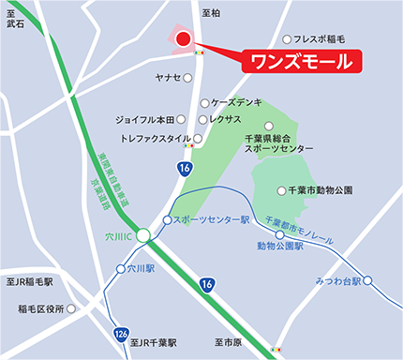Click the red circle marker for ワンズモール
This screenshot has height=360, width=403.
click(x=183, y=38)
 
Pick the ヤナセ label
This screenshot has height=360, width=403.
click(x=168, y=77)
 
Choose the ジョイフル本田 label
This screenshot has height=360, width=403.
click(x=145, y=120)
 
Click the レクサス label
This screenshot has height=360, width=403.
click(x=226, y=120)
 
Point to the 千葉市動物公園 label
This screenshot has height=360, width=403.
click(x=321, y=191)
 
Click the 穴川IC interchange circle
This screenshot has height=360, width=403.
click(x=142, y=236)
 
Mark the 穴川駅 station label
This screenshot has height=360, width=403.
click(x=138, y=268)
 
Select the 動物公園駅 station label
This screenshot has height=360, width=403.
click(x=281, y=246)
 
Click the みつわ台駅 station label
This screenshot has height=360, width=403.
click(x=340, y=280)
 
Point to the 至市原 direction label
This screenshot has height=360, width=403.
click(x=227, y=343)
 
